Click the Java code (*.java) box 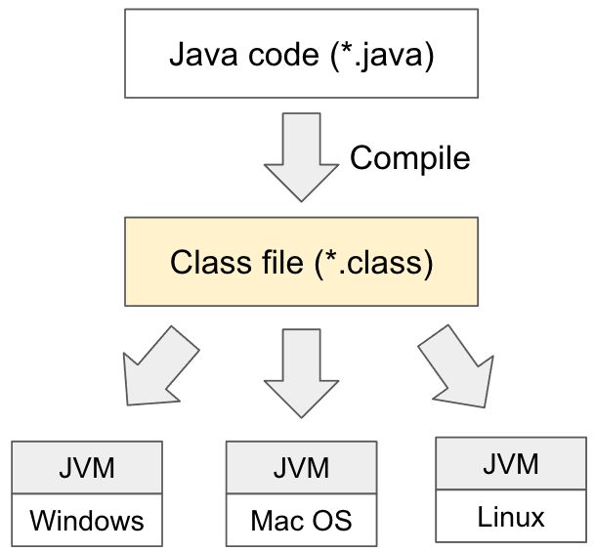[x=301, y=55]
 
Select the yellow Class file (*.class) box [x=301, y=262]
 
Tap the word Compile [x=409, y=157]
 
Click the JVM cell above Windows [x=86, y=468]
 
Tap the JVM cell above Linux [x=510, y=463]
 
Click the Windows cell [x=86, y=519]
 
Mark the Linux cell [x=510, y=514]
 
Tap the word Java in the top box [x=199, y=55]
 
